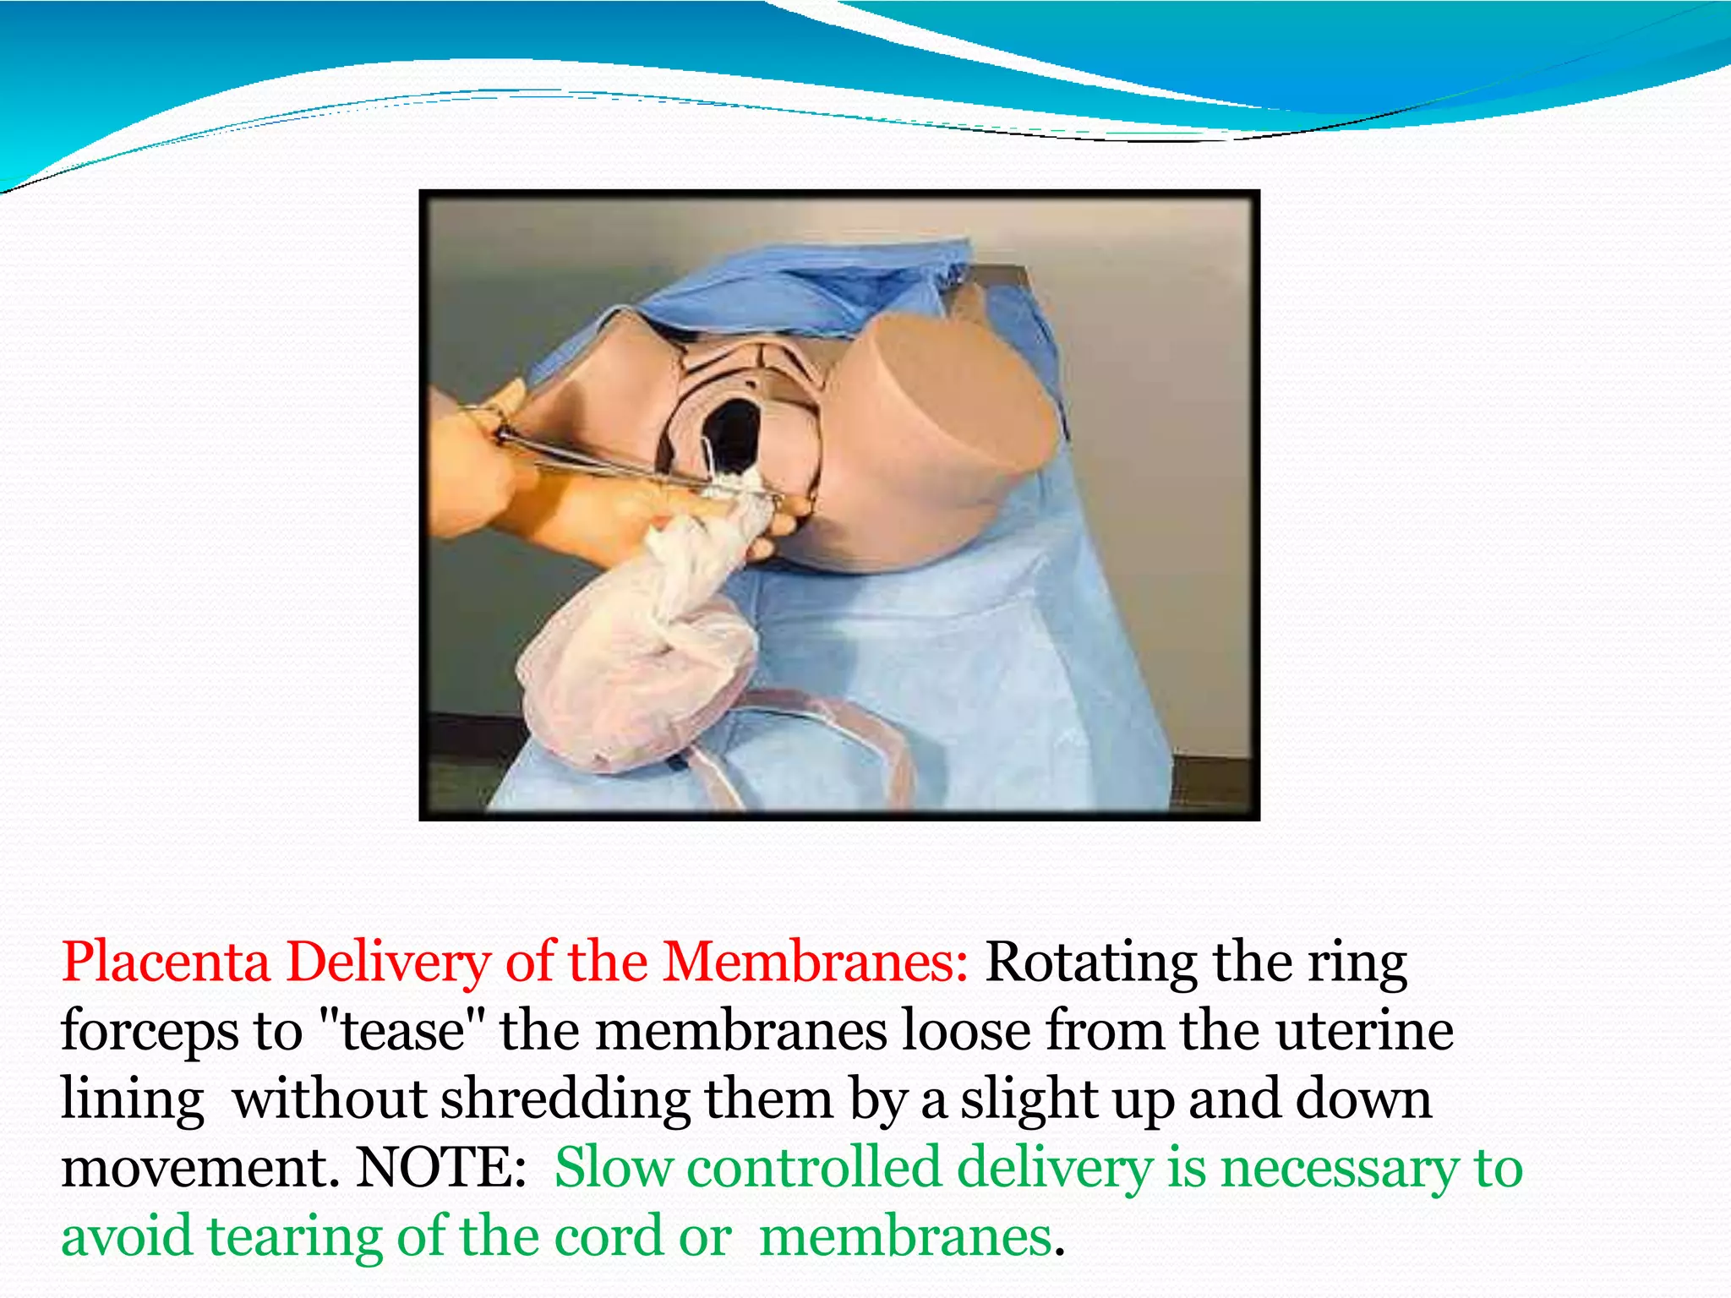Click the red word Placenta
coord(166,963)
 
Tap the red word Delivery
coord(388,963)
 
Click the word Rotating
coord(1091,963)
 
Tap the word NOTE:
coord(441,1168)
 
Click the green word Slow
coord(613,1168)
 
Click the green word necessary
coord(1340,1170)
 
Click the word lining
coord(133,1101)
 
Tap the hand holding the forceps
coord(473,473)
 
